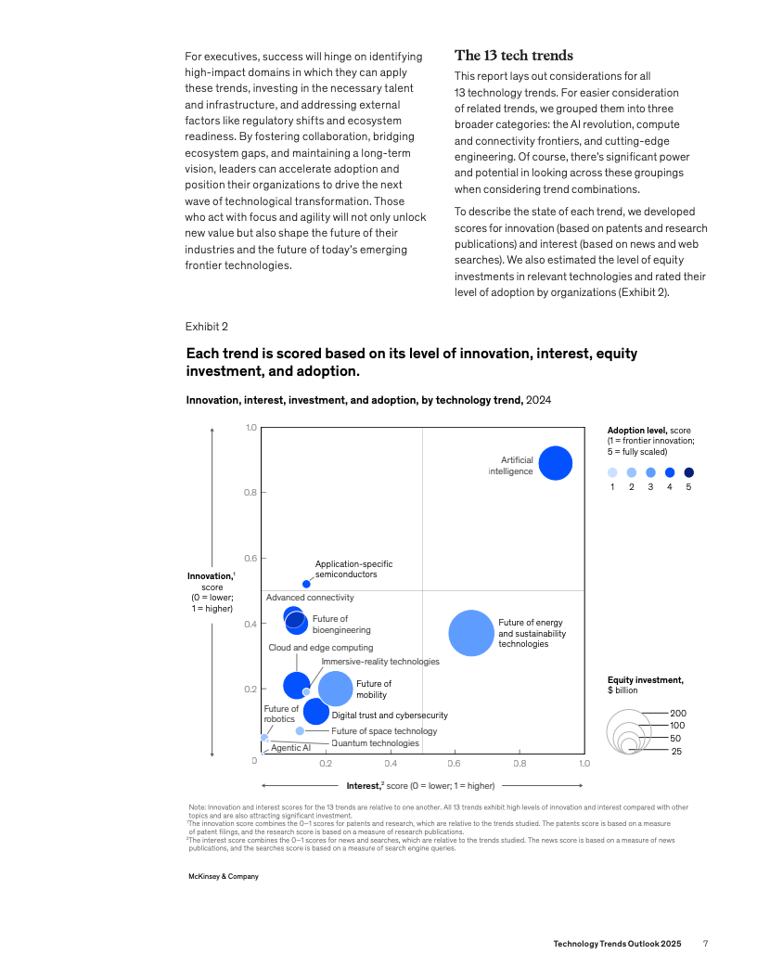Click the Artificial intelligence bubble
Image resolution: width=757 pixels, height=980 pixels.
[555, 463]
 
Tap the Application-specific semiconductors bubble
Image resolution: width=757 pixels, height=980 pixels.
[306, 584]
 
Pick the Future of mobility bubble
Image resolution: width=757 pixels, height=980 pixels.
[336, 689]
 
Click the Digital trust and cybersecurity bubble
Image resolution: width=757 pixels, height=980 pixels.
[316, 712]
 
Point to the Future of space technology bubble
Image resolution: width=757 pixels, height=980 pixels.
[300, 731]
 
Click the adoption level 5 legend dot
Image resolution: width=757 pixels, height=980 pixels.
[688, 472]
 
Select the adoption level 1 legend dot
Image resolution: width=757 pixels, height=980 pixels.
[612, 472]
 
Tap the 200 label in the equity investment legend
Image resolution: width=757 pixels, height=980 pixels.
[677, 713]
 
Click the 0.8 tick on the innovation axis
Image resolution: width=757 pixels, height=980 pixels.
[250, 492]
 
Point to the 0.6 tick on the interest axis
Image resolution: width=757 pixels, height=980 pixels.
[455, 764]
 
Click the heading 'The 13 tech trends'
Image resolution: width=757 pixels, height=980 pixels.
[513, 56]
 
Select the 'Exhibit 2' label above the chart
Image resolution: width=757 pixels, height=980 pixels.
[207, 326]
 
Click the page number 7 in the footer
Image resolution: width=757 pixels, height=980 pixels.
[705, 944]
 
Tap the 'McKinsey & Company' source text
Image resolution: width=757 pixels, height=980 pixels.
[224, 876]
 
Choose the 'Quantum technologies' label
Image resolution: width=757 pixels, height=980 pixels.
[375, 743]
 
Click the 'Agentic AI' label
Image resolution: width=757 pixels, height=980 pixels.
[290, 748]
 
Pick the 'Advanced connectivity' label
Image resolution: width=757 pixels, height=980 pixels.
[310, 598]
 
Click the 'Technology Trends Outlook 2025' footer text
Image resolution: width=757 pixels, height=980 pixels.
[617, 944]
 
